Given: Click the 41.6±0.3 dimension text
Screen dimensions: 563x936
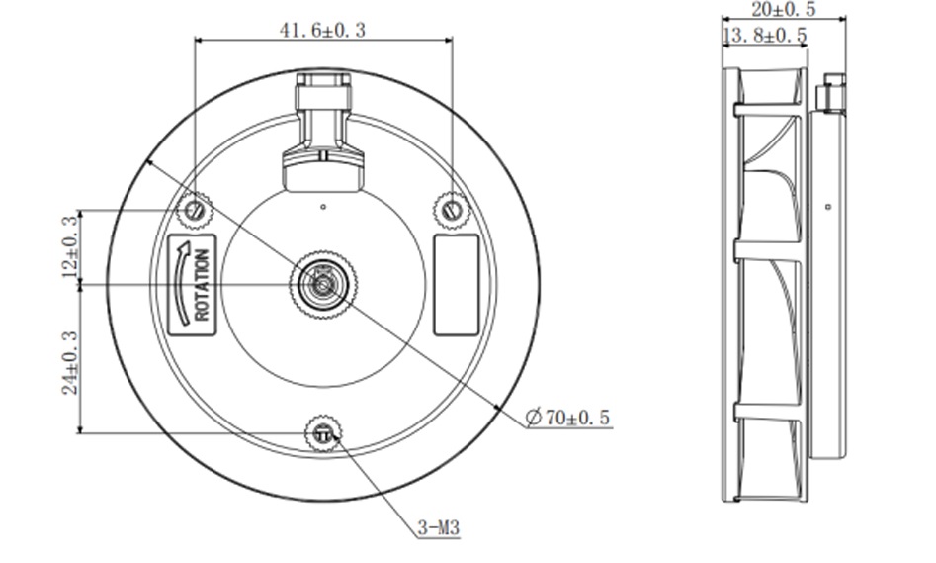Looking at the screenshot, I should click(x=322, y=30).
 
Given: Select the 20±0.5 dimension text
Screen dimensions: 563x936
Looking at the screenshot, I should click(x=783, y=10).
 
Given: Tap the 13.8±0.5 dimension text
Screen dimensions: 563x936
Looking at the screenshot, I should click(x=765, y=37).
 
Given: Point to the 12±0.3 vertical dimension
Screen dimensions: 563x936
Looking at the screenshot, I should click(x=69, y=246).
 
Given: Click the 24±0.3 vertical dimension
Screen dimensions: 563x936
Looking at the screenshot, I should click(x=69, y=358).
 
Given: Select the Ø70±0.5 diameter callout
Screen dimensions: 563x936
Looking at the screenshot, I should click(x=567, y=418).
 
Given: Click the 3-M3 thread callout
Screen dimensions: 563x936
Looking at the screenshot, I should click(x=437, y=529).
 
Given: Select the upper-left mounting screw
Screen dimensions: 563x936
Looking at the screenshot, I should click(x=194, y=210).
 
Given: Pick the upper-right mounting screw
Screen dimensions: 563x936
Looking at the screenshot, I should click(x=452, y=209).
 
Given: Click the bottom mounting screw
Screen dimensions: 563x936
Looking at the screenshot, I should click(x=323, y=432).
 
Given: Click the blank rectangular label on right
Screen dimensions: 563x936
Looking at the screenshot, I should click(x=456, y=284).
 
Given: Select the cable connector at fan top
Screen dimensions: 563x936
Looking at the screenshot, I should click(x=323, y=129).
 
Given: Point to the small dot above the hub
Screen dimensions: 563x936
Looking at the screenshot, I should click(x=323, y=206).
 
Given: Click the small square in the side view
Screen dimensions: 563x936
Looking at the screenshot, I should click(x=827, y=207).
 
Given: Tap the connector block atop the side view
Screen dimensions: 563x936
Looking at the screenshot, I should click(x=830, y=94).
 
